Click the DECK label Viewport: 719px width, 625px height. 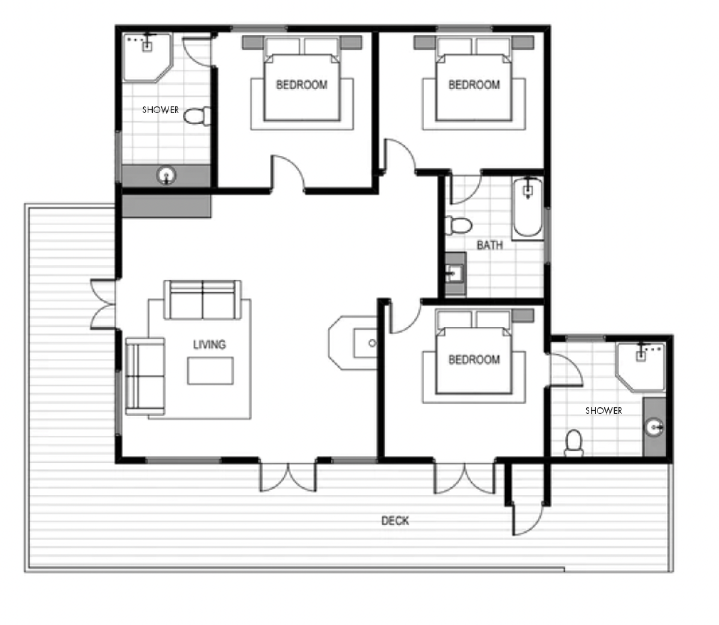pos(395,520)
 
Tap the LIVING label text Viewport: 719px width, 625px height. pos(209,344)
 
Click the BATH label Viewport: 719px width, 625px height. pos(490,245)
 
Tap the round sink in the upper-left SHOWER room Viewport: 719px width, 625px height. pos(166,175)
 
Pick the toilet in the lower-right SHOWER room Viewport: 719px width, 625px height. pos(574,443)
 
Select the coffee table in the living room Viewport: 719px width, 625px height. pos(210,370)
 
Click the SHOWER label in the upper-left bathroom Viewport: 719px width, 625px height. pos(161,110)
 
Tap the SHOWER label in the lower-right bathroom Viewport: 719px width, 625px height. pos(604,411)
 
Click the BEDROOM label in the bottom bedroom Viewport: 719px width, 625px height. pos(474,360)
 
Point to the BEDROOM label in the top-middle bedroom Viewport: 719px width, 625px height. pos(302,85)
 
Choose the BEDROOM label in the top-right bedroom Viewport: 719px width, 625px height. pos(474,85)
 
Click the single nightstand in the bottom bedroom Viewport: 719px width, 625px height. pos(522,315)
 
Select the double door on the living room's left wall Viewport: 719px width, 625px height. pos(103,304)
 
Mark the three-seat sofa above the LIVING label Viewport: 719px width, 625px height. pos(203,300)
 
